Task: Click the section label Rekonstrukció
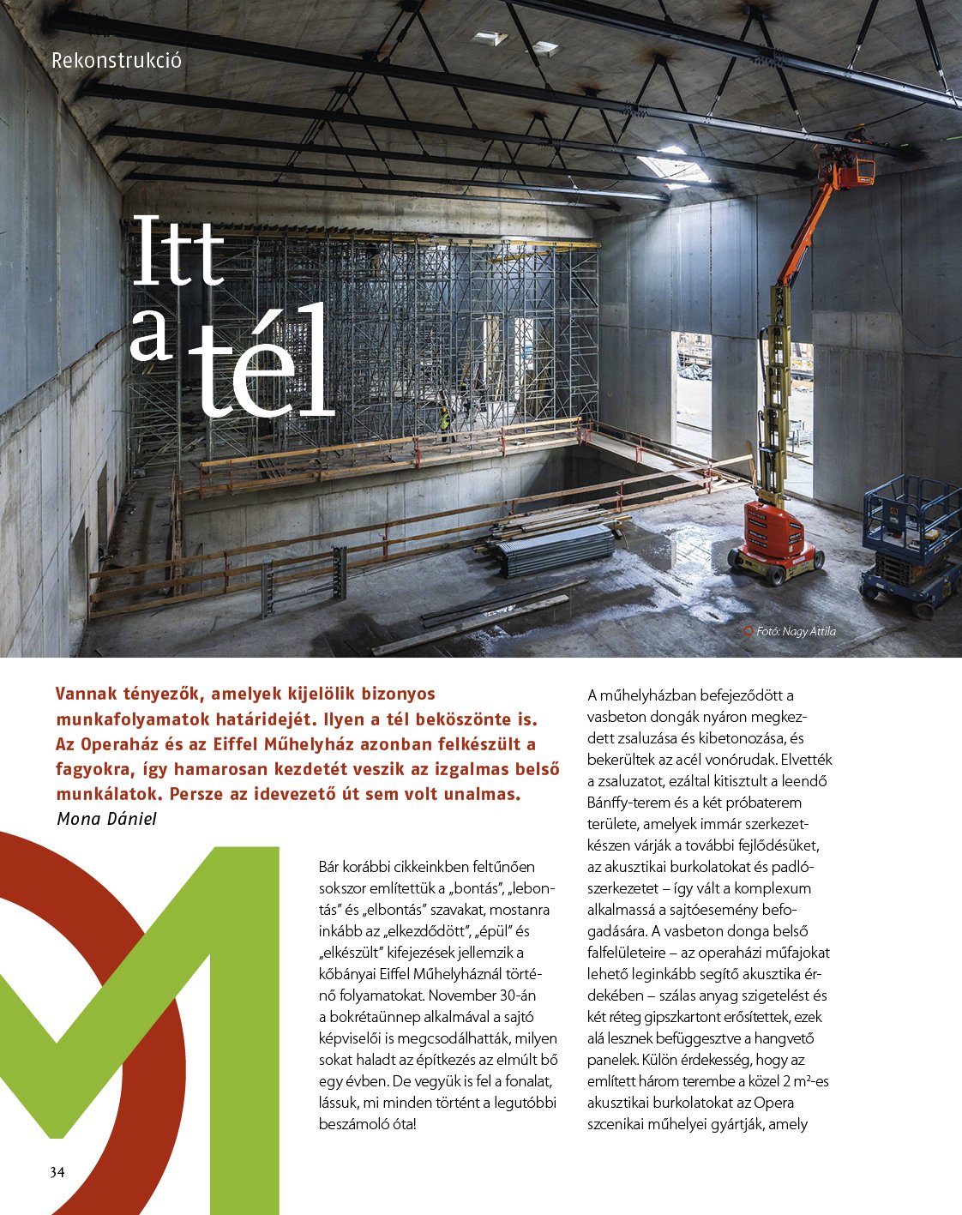pyautogui.click(x=117, y=62)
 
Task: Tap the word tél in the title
pyautogui.click(x=261, y=364)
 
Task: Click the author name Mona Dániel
pyautogui.click(x=106, y=819)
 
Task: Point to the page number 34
pyautogui.click(x=57, y=1172)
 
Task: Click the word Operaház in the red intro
pyautogui.click(x=119, y=743)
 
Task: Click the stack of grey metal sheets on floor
pyautogui.click(x=555, y=549)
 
